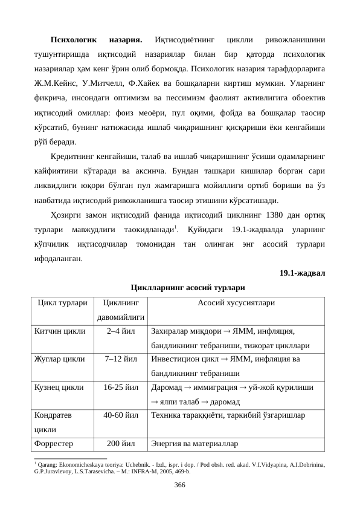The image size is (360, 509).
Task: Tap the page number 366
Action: (x=179, y=485)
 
